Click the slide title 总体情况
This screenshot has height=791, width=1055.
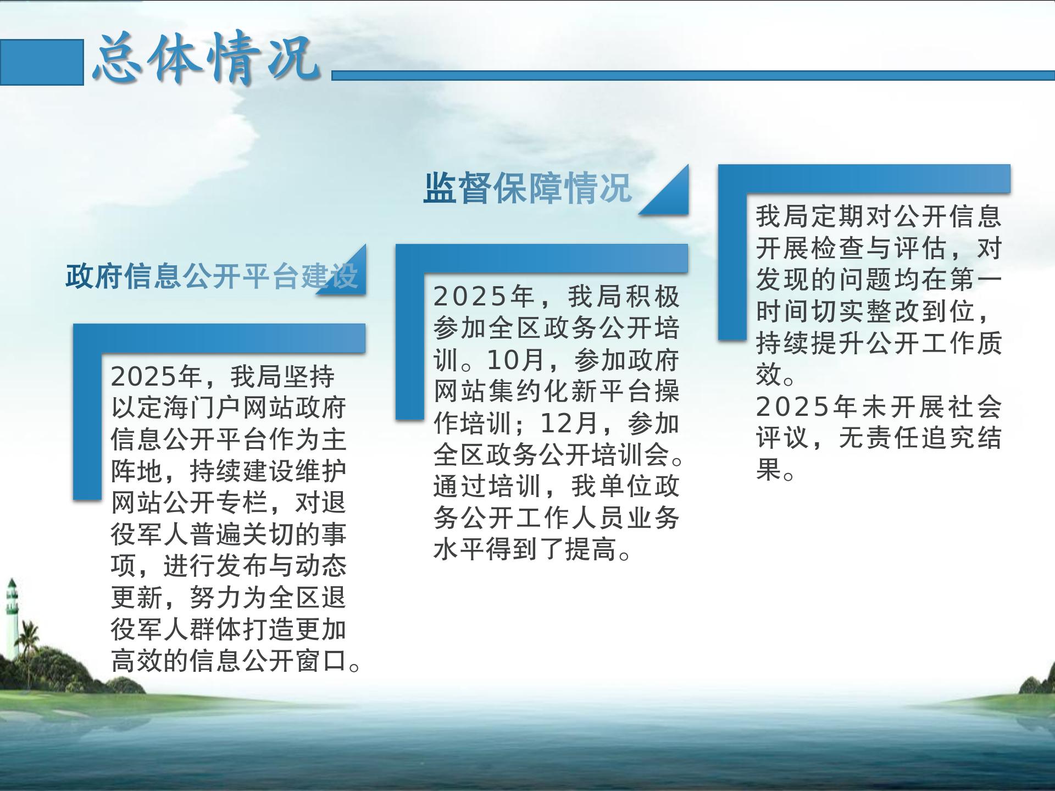tap(207, 59)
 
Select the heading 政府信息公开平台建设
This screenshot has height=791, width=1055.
tap(212, 276)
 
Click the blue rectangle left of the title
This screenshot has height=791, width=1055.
tap(42, 62)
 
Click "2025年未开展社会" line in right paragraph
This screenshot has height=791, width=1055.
tap(879, 406)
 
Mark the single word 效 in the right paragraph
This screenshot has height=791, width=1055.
tap(769, 375)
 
